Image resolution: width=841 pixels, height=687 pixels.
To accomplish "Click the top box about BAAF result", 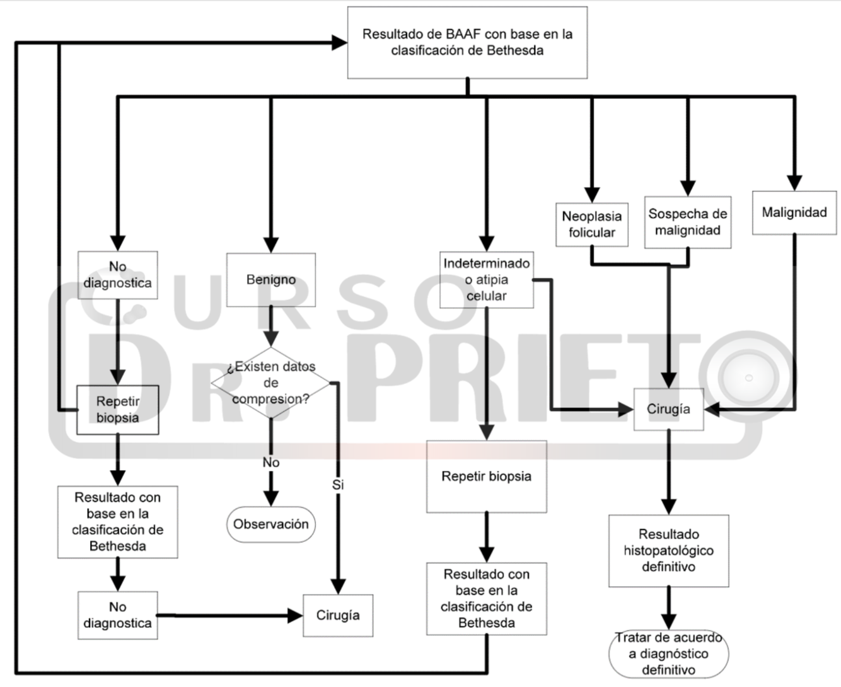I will point(467,43).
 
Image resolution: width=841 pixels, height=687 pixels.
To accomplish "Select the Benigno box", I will point(271,279).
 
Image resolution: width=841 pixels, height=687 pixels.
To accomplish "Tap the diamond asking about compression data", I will point(271,383).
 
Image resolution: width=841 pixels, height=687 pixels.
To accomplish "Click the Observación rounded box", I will point(271,524).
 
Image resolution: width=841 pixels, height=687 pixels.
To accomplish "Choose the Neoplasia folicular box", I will point(591,224).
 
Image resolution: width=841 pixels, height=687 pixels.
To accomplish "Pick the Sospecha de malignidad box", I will point(687,222).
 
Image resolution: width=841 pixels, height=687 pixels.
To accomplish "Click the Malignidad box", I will point(794,212).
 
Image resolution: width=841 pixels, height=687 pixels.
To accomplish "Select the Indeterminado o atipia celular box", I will point(486,279).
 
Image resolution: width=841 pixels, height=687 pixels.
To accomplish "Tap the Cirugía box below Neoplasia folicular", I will point(668,409).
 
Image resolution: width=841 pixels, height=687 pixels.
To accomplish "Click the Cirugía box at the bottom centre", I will point(338,615).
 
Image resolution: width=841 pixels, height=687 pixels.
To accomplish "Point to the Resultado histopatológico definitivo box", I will point(668,550).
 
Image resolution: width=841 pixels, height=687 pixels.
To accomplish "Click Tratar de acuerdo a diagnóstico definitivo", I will point(668,654).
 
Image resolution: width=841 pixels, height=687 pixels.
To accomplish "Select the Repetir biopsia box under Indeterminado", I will point(486,476).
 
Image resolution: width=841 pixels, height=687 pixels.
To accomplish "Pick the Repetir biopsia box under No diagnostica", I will point(117,410).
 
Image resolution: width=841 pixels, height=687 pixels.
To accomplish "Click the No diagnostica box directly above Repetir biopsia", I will point(117,275).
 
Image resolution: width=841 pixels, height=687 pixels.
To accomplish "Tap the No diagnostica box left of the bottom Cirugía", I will point(117,615).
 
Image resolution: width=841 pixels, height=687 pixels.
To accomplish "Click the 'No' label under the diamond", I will point(271,463).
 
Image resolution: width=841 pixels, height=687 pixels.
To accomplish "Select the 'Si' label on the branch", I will point(338,485).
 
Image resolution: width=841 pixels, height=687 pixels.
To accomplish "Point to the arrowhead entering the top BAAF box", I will point(340,43).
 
